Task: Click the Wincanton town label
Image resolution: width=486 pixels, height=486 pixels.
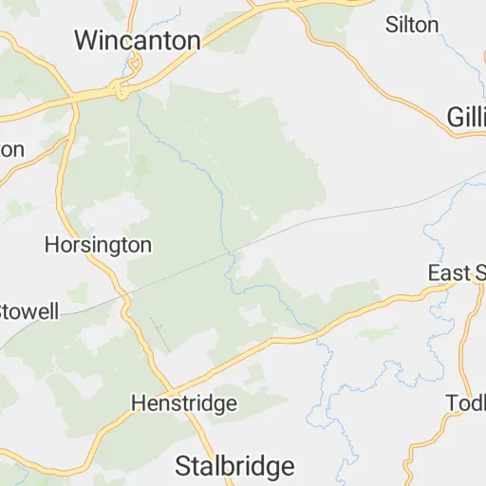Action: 138,40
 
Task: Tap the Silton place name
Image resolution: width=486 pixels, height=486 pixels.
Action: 411,25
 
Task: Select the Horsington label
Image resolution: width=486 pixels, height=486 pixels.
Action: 98,245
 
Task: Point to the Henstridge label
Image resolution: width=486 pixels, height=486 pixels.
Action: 183,404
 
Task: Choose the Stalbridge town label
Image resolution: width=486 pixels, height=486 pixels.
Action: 234,466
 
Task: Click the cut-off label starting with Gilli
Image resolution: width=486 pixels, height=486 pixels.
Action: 466,116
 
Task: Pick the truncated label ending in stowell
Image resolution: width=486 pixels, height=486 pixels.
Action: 28,311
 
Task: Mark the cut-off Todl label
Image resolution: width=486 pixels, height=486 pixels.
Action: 466,403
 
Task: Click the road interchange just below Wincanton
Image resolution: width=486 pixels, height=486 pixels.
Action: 121,90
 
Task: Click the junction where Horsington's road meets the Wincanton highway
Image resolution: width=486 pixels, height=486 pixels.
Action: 72,99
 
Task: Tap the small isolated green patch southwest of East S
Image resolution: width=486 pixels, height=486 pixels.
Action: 377,332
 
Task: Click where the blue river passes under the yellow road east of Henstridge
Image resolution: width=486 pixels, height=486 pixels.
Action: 318,333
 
